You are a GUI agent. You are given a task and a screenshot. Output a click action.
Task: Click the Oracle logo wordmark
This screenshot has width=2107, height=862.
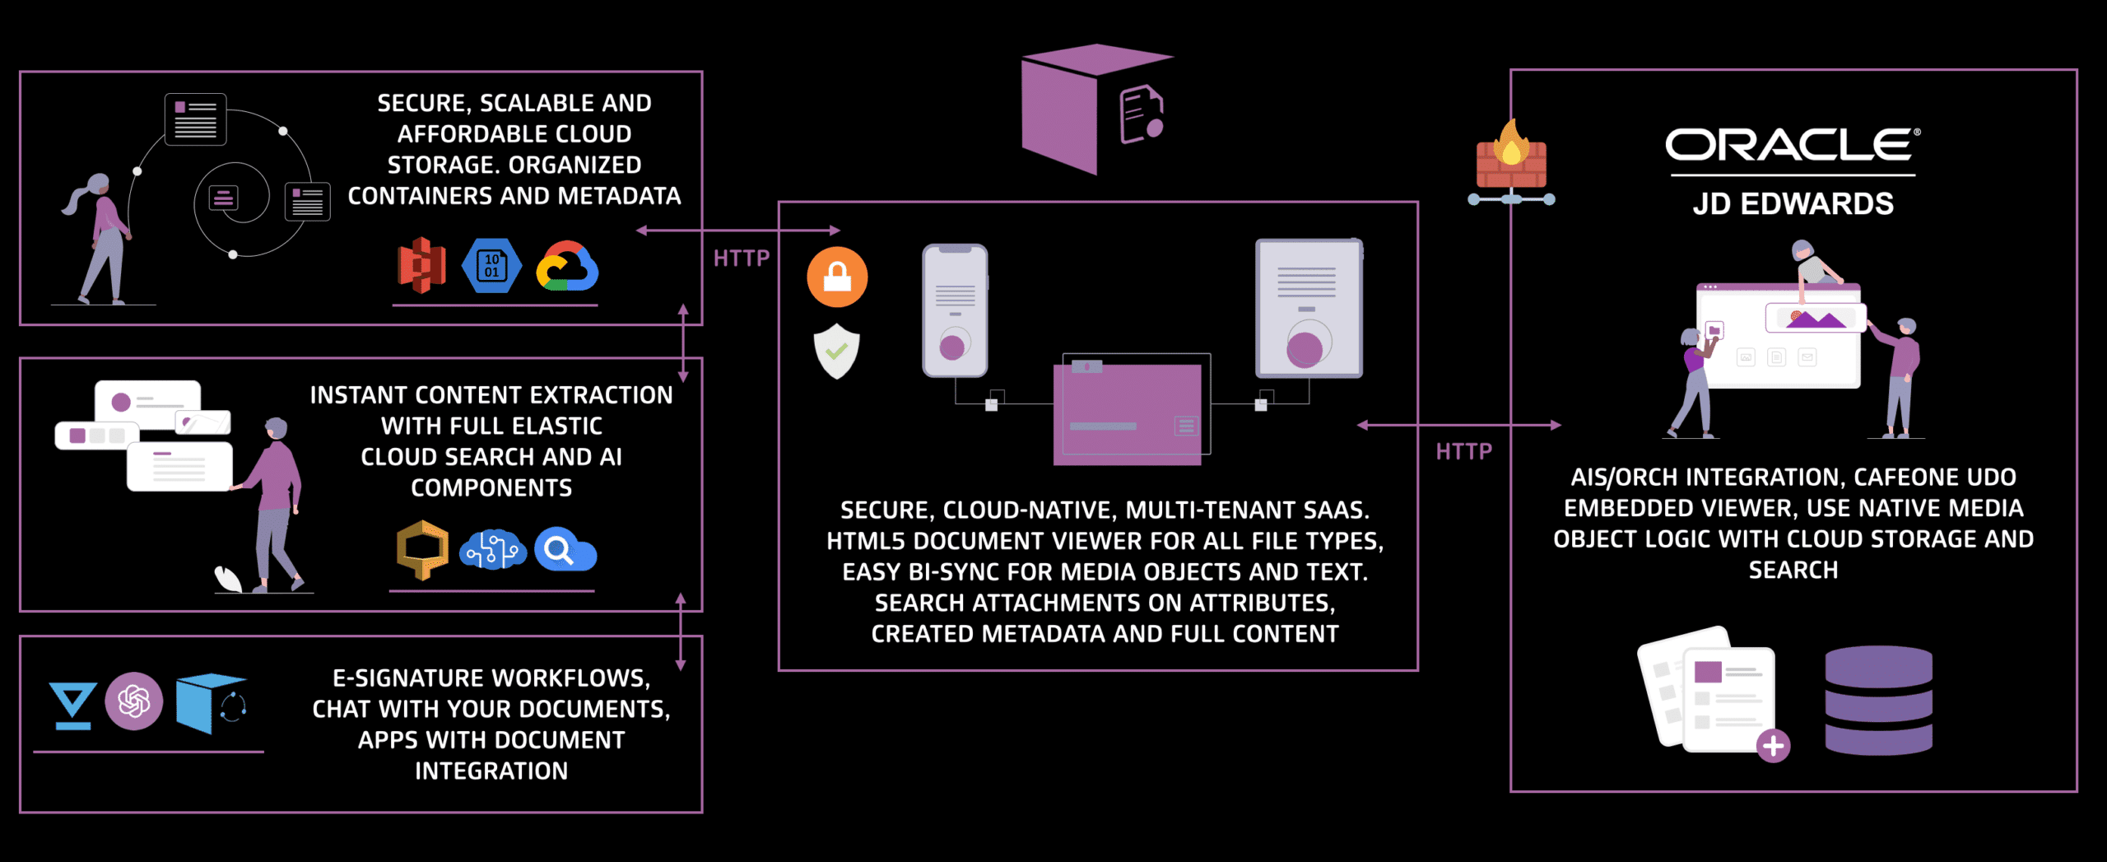tap(1791, 145)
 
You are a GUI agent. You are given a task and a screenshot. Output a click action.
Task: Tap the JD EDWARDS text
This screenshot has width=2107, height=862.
tap(1793, 203)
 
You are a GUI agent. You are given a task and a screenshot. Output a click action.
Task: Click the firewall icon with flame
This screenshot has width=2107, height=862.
tap(1511, 161)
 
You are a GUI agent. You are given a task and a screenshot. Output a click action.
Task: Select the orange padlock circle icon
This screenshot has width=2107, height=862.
tap(837, 277)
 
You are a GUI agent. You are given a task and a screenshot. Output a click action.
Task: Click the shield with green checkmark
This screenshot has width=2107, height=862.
tap(837, 352)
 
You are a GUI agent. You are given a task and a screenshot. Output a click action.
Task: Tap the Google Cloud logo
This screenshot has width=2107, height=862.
tap(567, 267)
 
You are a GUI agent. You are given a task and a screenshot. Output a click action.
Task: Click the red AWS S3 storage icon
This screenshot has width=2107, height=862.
tap(421, 265)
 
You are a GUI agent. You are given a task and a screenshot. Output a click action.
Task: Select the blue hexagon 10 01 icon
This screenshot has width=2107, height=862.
tap(491, 265)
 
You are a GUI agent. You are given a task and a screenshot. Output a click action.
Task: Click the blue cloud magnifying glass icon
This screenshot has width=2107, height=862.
tap(565, 550)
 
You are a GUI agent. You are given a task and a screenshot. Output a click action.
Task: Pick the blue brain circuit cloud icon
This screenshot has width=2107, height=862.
tap(493, 550)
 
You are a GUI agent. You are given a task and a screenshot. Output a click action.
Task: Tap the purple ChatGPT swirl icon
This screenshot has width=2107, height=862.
tap(134, 701)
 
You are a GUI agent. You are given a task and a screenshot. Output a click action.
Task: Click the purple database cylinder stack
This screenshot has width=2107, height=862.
tap(1878, 701)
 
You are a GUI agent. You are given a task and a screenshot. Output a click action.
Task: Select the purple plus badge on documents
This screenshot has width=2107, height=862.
tap(1773, 746)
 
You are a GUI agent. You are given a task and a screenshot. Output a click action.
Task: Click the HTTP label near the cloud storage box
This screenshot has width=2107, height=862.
tap(741, 259)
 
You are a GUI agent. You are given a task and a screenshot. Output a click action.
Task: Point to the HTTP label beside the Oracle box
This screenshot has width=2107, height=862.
tap(1463, 451)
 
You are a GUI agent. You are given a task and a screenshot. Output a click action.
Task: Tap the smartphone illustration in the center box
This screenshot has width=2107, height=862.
tap(955, 311)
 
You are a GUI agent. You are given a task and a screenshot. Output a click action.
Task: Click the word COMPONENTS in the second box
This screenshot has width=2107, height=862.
tap(491, 487)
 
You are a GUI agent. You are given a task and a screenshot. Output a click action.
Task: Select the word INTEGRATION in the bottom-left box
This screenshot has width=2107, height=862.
tap(491, 771)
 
